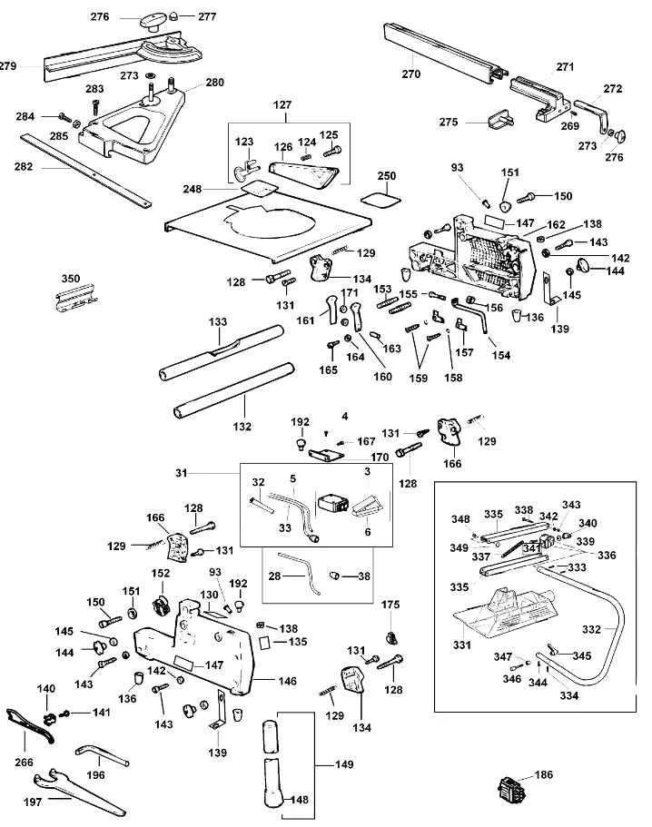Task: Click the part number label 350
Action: (x=71, y=279)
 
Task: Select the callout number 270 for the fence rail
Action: (x=411, y=74)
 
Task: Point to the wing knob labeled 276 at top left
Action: (x=152, y=23)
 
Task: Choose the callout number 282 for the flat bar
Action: (x=24, y=167)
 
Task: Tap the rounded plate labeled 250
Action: (x=381, y=200)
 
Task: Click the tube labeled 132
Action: (x=233, y=389)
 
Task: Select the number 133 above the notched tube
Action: (x=218, y=321)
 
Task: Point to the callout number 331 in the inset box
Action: (x=461, y=645)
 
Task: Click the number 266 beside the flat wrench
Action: (x=24, y=763)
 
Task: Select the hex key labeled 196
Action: (x=102, y=753)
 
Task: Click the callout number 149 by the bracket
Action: (x=344, y=764)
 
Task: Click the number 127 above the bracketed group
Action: (x=282, y=105)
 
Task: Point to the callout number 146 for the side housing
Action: (x=288, y=681)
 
